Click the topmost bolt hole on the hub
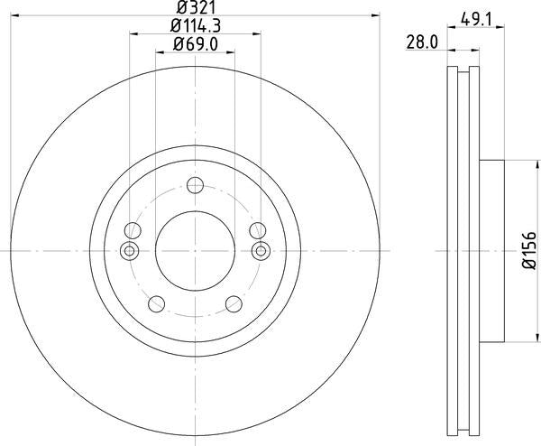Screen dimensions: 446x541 click(x=195, y=187)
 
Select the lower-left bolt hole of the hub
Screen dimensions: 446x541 click(x=156, y=302)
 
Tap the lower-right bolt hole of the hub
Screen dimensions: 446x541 click(x=234, y=302)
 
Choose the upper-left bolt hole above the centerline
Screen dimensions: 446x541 click(x=132, y=229)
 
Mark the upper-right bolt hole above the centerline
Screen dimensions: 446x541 click(x=258, y=229)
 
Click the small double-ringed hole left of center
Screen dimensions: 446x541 click(x=129, y=250)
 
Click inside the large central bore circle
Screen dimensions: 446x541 click(x=195, y=250)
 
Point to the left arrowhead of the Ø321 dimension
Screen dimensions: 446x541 click(x=18, y=15)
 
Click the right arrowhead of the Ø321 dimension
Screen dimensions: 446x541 click(x=371, y=15)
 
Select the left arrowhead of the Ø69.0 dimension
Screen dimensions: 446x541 click(x=160, y=52)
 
